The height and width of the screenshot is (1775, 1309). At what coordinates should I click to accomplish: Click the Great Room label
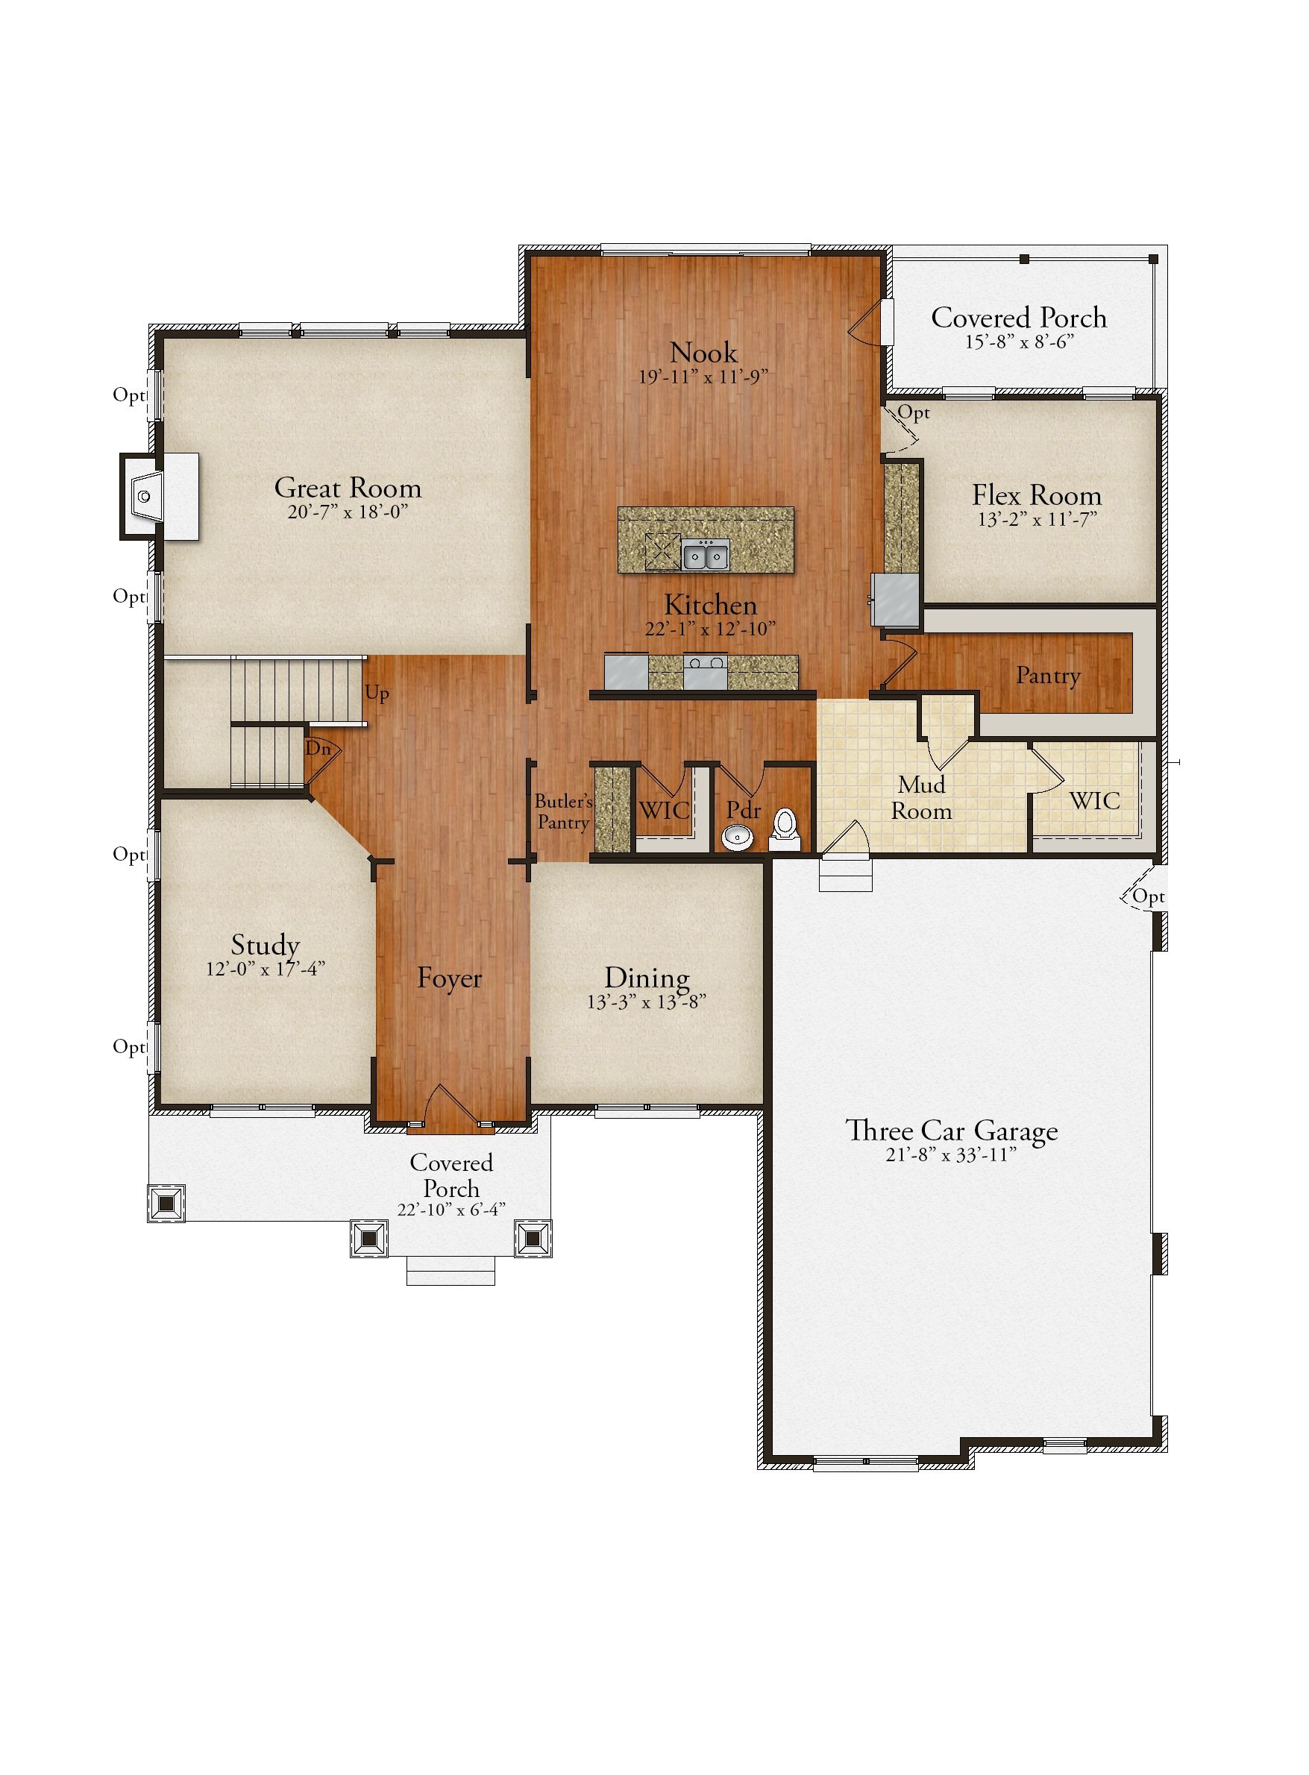(x=348, y=487)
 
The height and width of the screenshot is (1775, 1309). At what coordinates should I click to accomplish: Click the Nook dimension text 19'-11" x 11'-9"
(x=703, y=377)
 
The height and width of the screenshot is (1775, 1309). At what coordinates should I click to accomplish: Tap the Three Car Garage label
(x=951, y=1130)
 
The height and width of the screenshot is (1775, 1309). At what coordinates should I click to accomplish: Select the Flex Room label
(x=1038, y=495)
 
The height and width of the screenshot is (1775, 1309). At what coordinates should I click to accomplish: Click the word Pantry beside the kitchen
(x=1048, y=675)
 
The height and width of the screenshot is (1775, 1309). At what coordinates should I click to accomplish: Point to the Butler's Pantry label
(x=563, y=811)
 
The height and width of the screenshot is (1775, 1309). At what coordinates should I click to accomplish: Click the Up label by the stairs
(x=377, y=694)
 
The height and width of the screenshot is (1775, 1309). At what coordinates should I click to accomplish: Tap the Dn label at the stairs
(x=318, y=748)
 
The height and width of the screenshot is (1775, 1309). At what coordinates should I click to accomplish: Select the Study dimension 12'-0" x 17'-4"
(x=266, y=969)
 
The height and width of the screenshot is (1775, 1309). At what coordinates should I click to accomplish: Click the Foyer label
(x=449, y=978)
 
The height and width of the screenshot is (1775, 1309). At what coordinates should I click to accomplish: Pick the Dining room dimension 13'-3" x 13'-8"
(x=647, y=1002)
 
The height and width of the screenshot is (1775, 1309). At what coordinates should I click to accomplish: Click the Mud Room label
(x=922, y=797)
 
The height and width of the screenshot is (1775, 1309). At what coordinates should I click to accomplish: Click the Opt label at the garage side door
(x=1148, y=896)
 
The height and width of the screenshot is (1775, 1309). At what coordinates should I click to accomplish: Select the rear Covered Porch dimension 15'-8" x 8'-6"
(x=1019, y=342)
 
